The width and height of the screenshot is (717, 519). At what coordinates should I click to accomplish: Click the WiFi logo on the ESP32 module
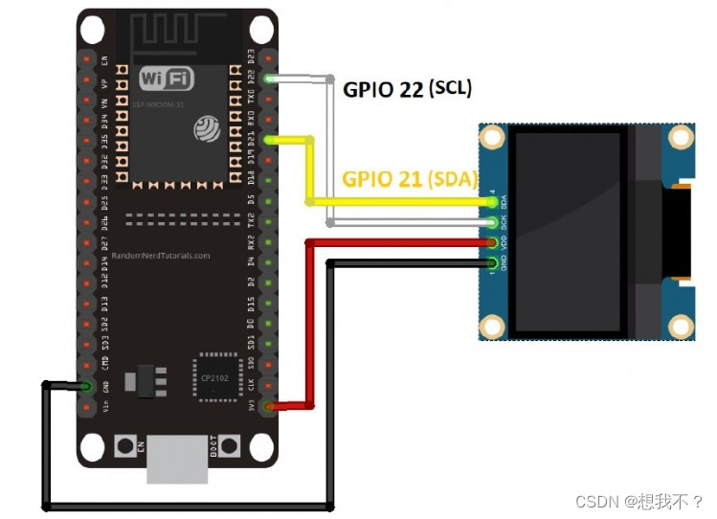[x=165, y=78]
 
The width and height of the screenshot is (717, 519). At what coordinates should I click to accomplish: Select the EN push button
[x=124, y=445]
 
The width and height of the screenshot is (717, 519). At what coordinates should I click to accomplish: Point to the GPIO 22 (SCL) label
[x=407, y=89]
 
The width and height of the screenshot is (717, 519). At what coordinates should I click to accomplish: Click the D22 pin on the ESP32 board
[x=271, y=79]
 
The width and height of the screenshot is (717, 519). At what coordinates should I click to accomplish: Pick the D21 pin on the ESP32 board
[x=271, y=140]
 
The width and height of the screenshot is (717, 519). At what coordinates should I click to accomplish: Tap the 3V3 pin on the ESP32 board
[x=271, y=407]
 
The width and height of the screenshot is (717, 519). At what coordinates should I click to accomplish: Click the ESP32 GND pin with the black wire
[x=87, y=386]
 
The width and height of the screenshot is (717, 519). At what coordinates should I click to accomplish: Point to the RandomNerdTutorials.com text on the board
[x=161, y=256]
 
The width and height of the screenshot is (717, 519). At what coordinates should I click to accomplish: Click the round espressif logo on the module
[x=207, y=127]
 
